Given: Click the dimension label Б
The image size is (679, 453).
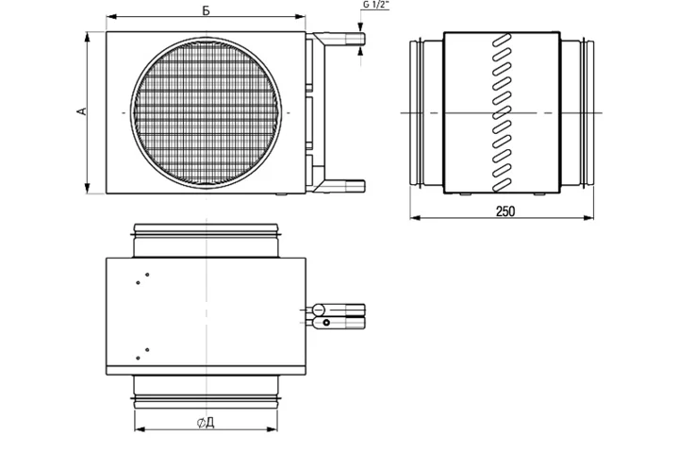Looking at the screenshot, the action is [x=207, y=10].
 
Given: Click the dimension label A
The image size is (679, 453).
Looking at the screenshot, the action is [x=82, y=111].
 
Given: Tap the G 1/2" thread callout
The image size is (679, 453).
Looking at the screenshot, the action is [x=376, y=6].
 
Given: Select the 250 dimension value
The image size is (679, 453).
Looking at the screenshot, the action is [x=505, y=211].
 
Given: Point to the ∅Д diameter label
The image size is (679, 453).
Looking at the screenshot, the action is [x=206, y=423].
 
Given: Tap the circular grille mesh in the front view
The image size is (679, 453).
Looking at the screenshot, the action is [x=207, y=112].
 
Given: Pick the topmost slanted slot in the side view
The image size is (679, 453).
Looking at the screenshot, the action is [x=502, y=41].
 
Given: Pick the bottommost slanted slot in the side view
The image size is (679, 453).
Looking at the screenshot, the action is [x=502, y=185].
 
